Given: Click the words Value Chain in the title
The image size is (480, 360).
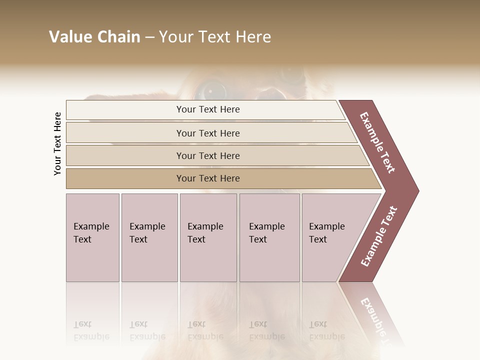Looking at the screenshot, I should (94, 37).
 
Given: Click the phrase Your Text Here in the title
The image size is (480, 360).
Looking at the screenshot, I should (215, 37).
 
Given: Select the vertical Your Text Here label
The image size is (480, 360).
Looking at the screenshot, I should (57, 143).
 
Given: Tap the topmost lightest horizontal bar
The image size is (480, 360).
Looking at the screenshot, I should (207, 109).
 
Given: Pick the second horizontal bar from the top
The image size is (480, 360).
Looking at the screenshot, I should (207, 133).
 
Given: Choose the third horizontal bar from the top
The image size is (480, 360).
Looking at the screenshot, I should (207, 155).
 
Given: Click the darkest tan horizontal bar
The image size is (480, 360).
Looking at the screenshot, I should (207, 178).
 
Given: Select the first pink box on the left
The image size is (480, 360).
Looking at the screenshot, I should (92, 237).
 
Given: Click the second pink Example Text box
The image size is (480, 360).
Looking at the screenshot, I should (149, 237).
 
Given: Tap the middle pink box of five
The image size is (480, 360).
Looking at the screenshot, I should (208, 237).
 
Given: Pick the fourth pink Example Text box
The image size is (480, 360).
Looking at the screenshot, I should (269, 237).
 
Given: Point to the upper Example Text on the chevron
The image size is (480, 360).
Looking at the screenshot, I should (377, 142).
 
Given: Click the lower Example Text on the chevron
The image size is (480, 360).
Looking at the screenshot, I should (379, 236).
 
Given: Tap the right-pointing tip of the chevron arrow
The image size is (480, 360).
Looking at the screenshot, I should (416, 190).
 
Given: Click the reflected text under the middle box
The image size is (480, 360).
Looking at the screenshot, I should (205, 331).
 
